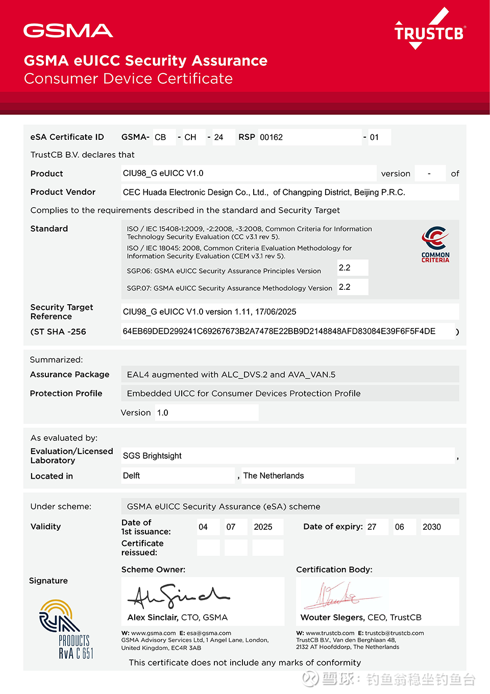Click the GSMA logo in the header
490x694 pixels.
(68, 31)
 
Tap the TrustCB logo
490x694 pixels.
(429, 31)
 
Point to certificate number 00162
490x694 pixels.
(272, 137)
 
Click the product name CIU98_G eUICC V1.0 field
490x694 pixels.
(163, 173)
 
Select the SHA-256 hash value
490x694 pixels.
(279, 332)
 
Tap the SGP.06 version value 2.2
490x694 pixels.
(345, 268)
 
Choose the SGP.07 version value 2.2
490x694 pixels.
(345, 287)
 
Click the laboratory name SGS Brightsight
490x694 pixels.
(152, 456)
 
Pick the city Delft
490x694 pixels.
(131, 476)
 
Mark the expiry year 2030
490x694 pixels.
(432, 527)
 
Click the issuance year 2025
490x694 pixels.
(263, 527)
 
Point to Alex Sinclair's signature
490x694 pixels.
(179, 595)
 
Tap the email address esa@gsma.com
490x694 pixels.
(209, 633)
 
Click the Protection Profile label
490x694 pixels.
(66, 393)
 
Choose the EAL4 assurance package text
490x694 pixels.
(231, 375)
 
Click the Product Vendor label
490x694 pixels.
(63, 192)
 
